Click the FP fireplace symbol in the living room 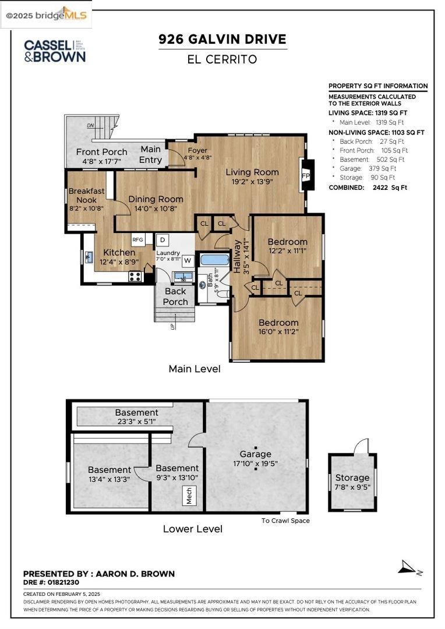tap(306, 175)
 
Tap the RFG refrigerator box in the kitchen tap(138, 239)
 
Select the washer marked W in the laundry tap(188, 260)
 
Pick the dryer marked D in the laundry tap(163, 239)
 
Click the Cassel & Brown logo tap(54, 51)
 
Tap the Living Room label tap(252, 172)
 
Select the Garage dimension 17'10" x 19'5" tap(255, 464)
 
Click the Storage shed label tap(352, 478)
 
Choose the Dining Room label tap(156, 199)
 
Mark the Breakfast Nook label tap(86, 195)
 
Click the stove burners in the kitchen tap(135, 276)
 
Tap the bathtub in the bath tap(214, 260)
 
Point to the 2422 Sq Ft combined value tap(391, 188)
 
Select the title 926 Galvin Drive tap(223, 40)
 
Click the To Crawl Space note tap(285, 521)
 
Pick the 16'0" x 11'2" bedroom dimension tap(278, 333)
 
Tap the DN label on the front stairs tap(90, 125)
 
